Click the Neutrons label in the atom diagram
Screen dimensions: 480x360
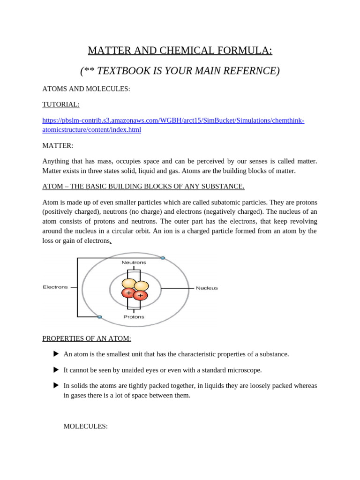pos(134,262)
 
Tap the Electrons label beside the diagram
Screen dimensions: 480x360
pos(55,287)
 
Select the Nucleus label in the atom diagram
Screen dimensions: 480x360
pos(207,288)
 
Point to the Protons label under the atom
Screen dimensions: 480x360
pos(134,317)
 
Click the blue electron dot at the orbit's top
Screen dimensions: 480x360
pos(163,258)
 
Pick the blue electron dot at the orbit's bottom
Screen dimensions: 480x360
pos(100,317)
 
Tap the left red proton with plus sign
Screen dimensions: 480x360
pos(128,293)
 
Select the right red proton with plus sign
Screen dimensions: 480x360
pos(140,295)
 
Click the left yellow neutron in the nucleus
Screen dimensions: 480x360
pos(129,283)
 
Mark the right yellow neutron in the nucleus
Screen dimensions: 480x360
pos(141,285)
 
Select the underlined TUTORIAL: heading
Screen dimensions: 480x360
pos(61,105)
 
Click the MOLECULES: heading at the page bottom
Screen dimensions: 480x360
pos(85,426)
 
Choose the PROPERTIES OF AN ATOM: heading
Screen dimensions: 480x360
pos(87,338)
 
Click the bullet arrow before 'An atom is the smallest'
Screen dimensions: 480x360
pos(56,354)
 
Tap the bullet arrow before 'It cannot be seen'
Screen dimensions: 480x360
pos(56,370)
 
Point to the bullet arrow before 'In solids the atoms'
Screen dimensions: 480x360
pos(56,385)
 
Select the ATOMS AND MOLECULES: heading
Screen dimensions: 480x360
pos(86,89)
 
